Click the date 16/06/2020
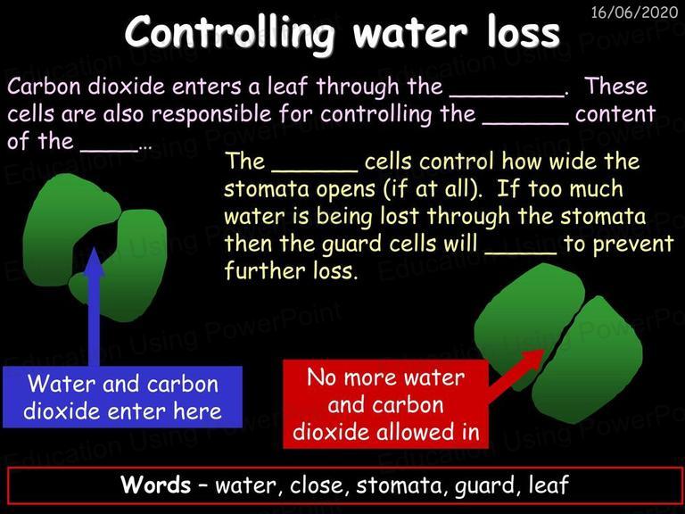coord(634,12)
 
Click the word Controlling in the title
coord(229,33)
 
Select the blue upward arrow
coord(94,306)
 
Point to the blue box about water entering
coord(122,397)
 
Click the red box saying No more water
coord(385,404)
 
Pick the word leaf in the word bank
coord(549,485)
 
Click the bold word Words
coord(155,485)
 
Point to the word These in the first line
coord(616,86)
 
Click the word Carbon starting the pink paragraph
coord(44,86)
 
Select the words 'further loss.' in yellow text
coord(291,270)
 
